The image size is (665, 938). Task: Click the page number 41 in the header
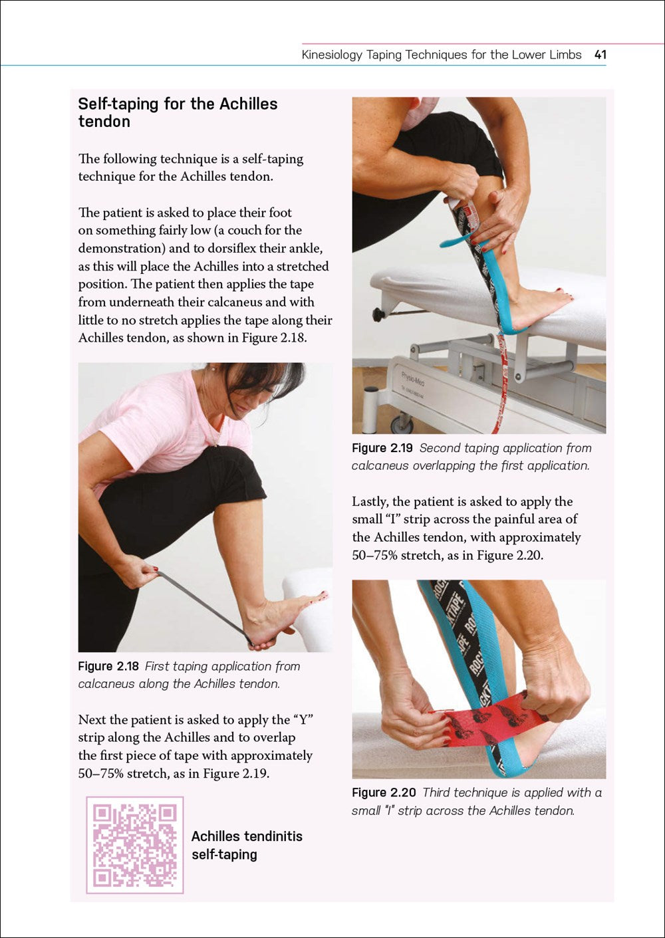[600, 55]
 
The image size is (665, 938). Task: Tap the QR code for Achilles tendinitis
[135, 845]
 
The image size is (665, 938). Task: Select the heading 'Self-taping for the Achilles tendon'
[178, 112]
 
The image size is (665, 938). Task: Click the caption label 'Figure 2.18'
[108, 666]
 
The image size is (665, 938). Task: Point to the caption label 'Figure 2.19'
[382, 448]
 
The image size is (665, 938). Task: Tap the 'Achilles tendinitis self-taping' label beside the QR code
[246, 845]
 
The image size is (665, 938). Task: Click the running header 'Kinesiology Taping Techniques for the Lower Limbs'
[442, 55]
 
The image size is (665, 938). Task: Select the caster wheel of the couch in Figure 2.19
[402, 423]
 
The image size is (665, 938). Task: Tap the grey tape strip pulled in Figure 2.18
[203, 605]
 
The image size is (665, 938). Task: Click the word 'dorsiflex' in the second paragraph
[267, 248]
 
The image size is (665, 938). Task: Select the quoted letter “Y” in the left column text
[302, 720]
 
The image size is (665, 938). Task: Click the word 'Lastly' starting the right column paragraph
[370, 501]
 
